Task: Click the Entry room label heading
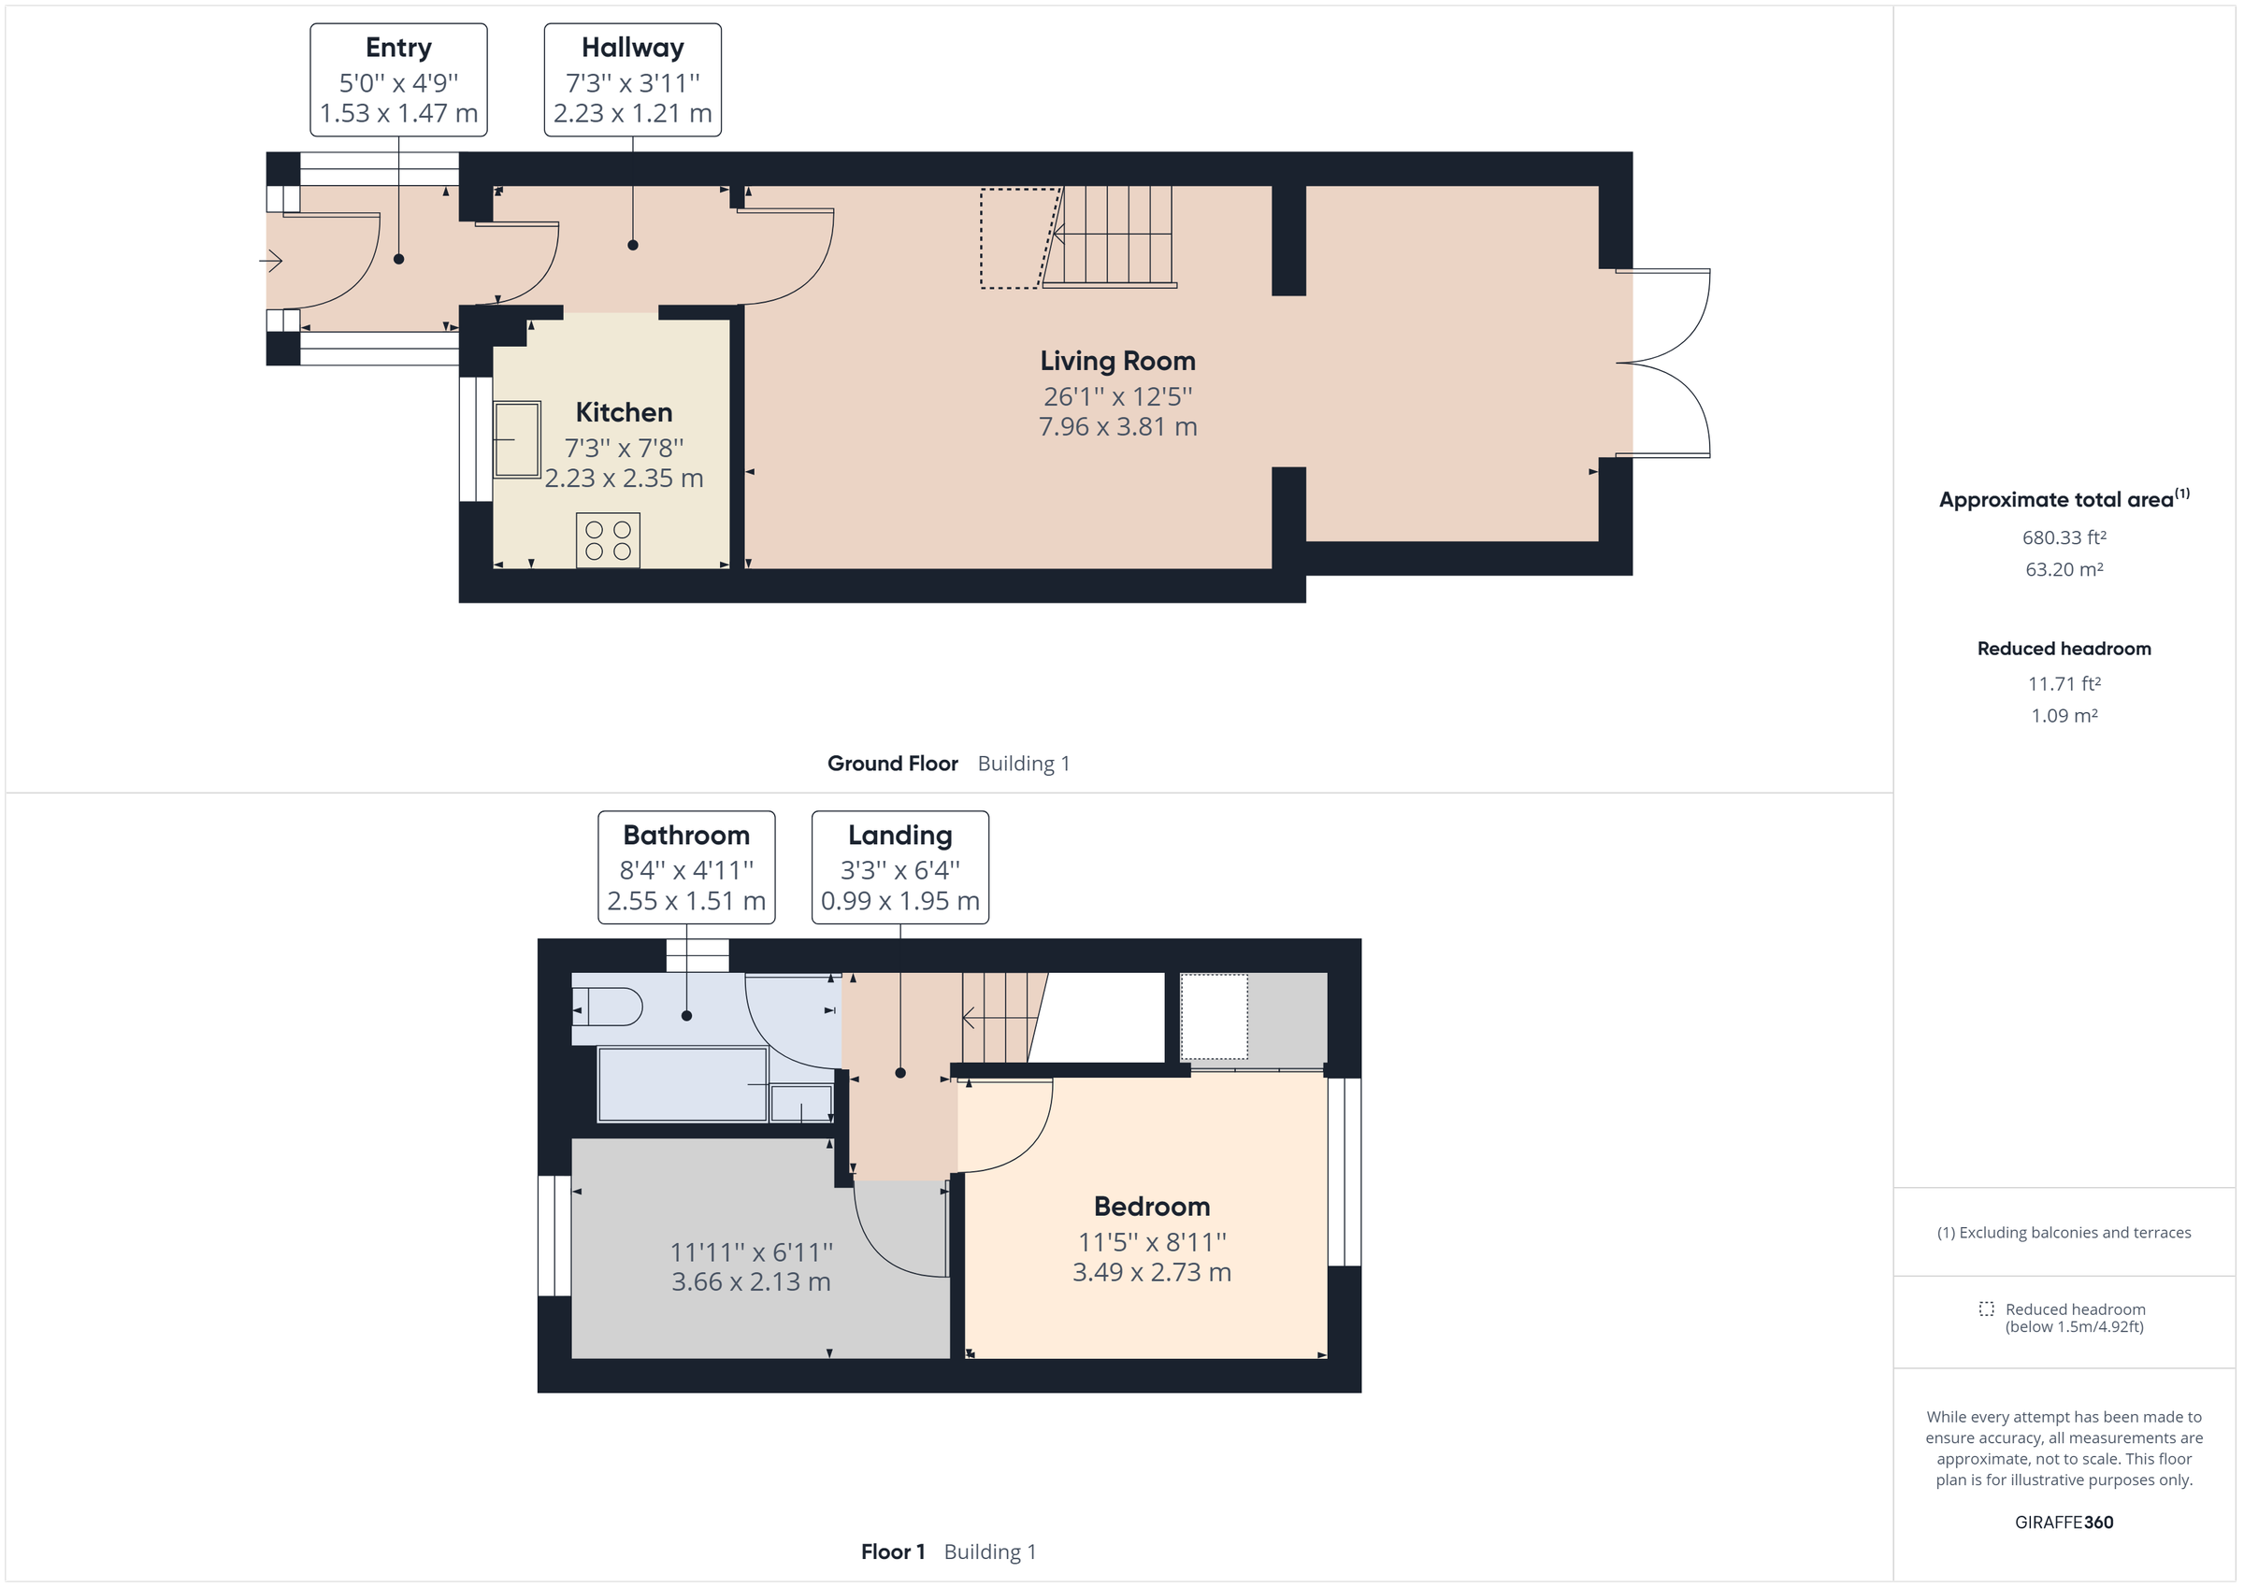pyautogui.click(x=397, y=47)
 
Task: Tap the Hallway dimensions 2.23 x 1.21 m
pyautogui.click(x=632, y=113)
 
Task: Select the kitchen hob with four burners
pyautogui.click(x=608, y=539)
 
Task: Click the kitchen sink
pyautogui.click(x=517, y=440)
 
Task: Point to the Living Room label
pyautogui.click(x=1117, y=361)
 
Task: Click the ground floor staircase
pyautogui.click(x=1109, y=237)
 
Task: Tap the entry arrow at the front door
pyautogui.click(x=271, y=260)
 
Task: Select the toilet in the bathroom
pyautogui.click(x=607, y=1007)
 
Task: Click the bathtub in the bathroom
pyautogui.click(x=683, y=1084)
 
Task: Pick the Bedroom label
pyautogui.click(x=1151, y=1206)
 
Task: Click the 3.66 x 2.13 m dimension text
pyautogui.click(x=751, y=1281)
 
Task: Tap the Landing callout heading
pyautogui.click(x=899, y=835)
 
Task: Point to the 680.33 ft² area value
pyautogui.click(x=2064, y=537)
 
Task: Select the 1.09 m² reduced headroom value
pyautogui.click(x=2064, y=715)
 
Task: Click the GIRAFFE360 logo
pyautogui.click(x=2064, y=1522)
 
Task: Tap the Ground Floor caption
pyautogui.click(x=892, y=764)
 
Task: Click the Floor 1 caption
pyautogui.click(x=892, y=1551)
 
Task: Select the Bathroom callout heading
pyautogui.click(x=686, y=835)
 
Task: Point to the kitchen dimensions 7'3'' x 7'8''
pyautogui.click(x=624, y=448)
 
